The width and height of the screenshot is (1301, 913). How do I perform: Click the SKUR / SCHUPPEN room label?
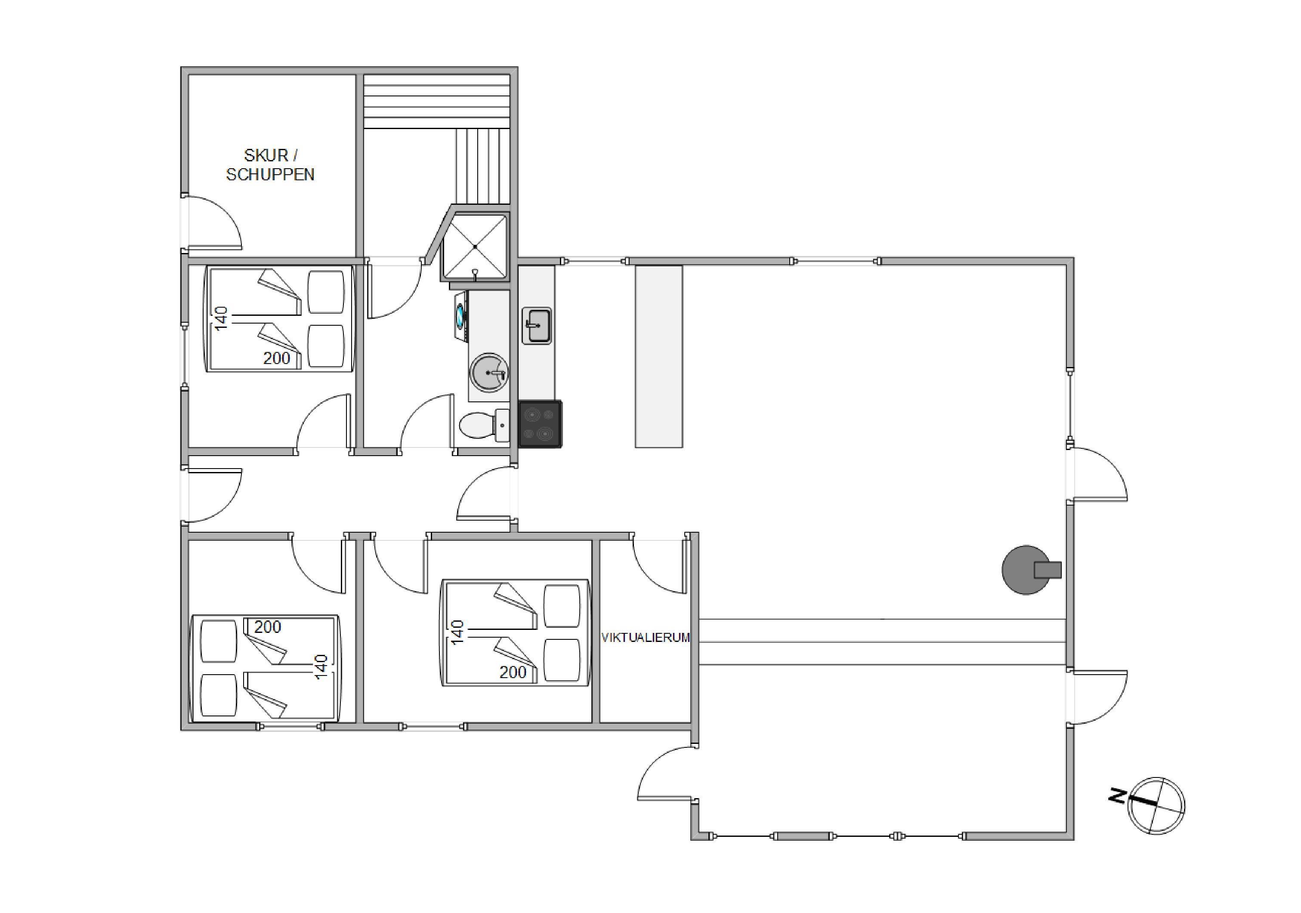(x=270, y=165)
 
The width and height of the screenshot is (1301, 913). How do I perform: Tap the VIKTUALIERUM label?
(x=646, y=638)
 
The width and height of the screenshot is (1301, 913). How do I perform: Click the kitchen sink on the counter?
(x=537, y=326)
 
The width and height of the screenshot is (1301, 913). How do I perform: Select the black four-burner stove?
(x=541, y=424)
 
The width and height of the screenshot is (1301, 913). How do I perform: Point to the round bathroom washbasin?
(x=488, y=373)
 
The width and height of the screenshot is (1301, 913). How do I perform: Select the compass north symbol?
(x=1156, y=805)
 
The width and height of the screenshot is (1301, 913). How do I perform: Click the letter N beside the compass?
(x=1117, y=796)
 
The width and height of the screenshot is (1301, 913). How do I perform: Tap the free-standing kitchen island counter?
(x=658, y=356)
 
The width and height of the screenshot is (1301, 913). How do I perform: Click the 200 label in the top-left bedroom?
(x=277, y=358)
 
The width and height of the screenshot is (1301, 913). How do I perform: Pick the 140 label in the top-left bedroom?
(x=220, y=318)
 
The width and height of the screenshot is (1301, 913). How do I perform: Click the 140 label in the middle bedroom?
(x=457, y=632)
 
